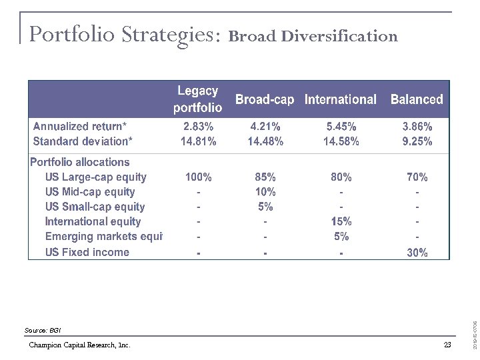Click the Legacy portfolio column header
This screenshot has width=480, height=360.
pyautogui.click(x=198, y=99)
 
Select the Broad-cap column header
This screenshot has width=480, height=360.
pyautogui.click(x=265, y=99)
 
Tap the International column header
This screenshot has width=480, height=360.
pyautogui.click(x=340, y=99)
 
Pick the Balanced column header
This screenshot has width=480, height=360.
pyautogui.click(x=417, y=99)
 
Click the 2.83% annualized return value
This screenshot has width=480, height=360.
pyautogui.click(x=198, y=126)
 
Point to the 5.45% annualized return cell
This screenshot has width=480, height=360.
pyautogui.click(x=341, y=126)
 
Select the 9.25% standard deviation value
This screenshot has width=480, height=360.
pyautogui.click(x=417, y=141)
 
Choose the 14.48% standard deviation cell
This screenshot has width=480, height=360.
pyautogui.click(x=265, y=141)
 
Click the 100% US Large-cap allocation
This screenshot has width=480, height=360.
pyautogui.click(x=198, y=177)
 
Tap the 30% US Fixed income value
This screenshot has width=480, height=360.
pyautogui.click(x=417, y=252)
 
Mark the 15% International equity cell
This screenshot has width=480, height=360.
pyautogui.click(x=341, y=221)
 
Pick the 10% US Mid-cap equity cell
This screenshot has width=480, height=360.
pyautogui.click(x=265, y=192)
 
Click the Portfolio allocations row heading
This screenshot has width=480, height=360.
pyautogui.click(x=80, y=162)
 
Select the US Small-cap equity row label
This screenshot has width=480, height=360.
pyautogui.click(x=95, y=207)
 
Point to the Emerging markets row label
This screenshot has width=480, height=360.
pyautogui.click(x=103, y=237)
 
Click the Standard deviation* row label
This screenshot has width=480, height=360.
pyautogui.click(x=83, y=141)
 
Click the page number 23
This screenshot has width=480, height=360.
pyautogui.click(x=447, y=345)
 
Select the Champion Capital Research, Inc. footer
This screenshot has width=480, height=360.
pyautogui.click(x=80, y=345)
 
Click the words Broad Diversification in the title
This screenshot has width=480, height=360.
pyautogui.click(x=313, y=36)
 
